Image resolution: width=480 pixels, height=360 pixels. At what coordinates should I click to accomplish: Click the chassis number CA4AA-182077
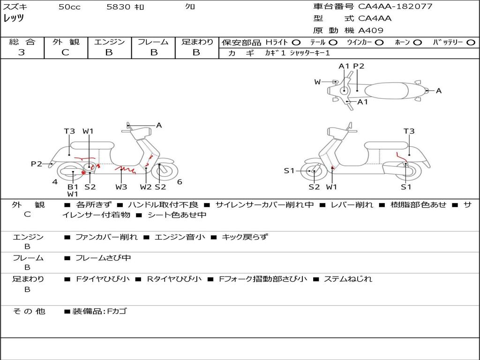(x=395, y=7)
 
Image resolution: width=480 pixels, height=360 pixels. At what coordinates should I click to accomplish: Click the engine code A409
(x=370, y=30)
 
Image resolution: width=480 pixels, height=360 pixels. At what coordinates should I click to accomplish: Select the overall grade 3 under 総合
(x=22, y=52)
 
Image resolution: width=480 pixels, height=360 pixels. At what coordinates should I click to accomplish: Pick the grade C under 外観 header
(x=65, y=52)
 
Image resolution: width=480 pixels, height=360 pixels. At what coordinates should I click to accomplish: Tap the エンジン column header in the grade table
(x=109, y=42)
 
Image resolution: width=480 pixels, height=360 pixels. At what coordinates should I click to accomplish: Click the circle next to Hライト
(x=296, y=43)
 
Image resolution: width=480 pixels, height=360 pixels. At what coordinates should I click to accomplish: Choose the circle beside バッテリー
(x=471, y=43)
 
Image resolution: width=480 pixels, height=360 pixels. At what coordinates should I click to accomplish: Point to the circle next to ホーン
(x=417, y=43)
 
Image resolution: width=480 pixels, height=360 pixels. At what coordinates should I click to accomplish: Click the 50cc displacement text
(x=69, y=7)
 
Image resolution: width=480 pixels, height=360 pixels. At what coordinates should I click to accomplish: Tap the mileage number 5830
(x=118, y=7)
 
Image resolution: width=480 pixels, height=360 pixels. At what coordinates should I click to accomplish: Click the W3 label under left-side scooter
(x=121, y=187)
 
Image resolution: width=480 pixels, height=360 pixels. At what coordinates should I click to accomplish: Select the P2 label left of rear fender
(x=37, y=164)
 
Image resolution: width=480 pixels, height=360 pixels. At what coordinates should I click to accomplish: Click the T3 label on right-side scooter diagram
(x=409, y=131)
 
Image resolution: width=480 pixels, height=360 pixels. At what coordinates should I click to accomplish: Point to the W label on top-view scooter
(x=317, y=82)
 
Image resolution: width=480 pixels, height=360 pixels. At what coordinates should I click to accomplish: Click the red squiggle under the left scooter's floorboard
(x=126, y=169)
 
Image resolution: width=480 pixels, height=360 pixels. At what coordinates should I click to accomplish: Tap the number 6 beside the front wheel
(x=180, y=182)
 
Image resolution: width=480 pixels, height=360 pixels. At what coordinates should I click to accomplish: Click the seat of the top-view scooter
(x=386, y=90)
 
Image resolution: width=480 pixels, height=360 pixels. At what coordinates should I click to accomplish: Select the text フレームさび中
(x=103, y=258)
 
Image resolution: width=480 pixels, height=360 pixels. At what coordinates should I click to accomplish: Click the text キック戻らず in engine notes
(x=245, y=237)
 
